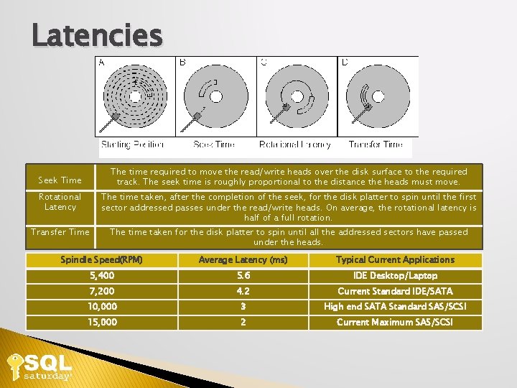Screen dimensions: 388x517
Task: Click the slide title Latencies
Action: click(97, 34)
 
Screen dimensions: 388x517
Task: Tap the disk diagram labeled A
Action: click(136, 97)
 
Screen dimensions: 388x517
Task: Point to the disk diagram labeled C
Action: click(297, 97)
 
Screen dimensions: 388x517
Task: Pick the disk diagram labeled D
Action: click(378, 97)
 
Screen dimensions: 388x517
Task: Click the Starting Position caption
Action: click(133, 144)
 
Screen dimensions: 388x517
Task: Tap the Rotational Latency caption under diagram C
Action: click(294, 144)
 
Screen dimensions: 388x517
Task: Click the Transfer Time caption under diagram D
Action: click(376, 144)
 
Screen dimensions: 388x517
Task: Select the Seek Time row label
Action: click(60, 180)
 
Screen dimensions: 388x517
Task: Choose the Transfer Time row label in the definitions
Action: click(60, 232)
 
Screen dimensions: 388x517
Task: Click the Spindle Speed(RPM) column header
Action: click(101, 259)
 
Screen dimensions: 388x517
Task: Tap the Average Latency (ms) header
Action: click(243, 259)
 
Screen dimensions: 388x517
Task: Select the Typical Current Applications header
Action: click(395, 259)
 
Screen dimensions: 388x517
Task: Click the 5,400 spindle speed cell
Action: click(102, 276)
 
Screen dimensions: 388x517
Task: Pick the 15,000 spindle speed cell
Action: click(102, 322)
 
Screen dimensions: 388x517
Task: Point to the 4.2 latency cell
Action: click(243, 291)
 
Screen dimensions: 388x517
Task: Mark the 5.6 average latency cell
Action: click(243, 276)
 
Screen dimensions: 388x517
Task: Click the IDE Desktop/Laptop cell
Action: click(395, 276)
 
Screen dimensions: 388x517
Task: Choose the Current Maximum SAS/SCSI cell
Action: click(395, 322)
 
